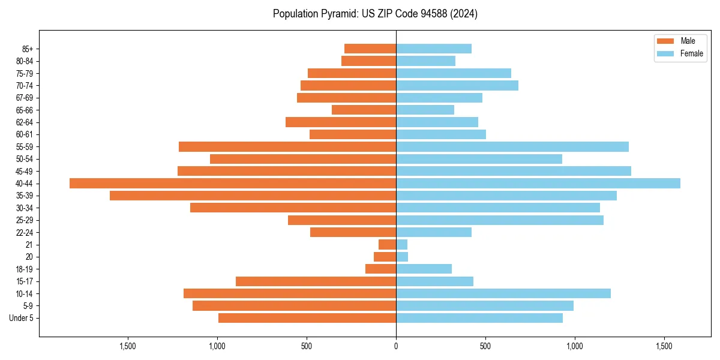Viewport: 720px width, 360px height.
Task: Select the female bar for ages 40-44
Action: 538,183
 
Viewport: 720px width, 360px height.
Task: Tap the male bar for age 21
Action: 387,244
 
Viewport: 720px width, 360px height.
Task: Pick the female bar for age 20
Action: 402,257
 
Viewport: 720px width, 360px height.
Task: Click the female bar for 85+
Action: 434,49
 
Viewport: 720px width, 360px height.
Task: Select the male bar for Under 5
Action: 307,318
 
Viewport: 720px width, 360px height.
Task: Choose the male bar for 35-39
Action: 253,196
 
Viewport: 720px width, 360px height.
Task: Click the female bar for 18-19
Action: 424,269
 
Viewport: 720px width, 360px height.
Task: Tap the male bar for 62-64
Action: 341,122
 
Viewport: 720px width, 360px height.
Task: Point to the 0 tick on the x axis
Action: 396,346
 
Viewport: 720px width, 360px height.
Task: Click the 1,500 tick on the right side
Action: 664,346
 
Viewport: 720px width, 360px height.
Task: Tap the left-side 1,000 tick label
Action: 217,346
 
